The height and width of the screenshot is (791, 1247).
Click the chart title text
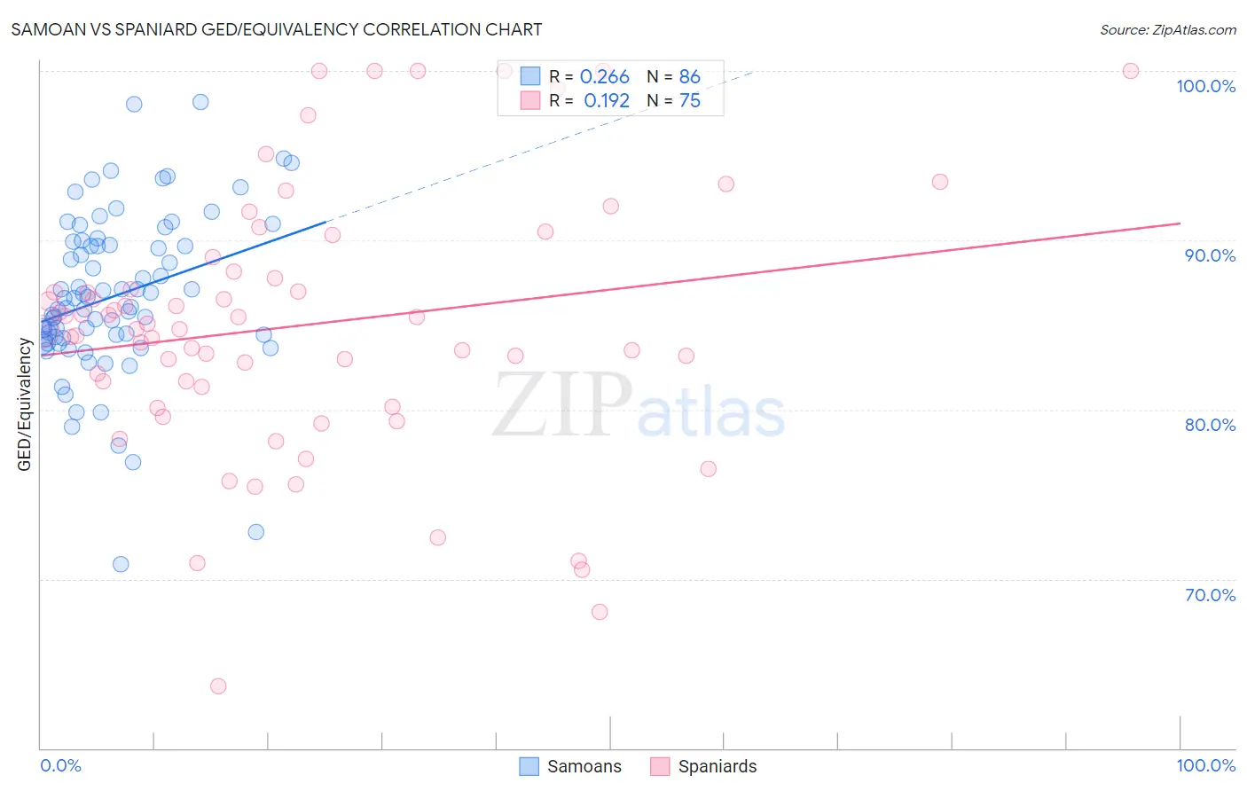[276, 29]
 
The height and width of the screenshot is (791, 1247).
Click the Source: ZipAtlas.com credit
[1167, 29]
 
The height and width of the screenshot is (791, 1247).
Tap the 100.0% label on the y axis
[1205, 86]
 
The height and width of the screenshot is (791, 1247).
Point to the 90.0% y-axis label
[1210, 255]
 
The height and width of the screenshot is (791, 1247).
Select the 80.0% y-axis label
[1210, 425]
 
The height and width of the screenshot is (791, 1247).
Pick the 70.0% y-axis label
[1210, 595]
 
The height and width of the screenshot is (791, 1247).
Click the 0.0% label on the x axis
[60, 765]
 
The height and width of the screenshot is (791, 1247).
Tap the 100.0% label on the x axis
[1205, 765]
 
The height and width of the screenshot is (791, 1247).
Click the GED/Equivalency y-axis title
[25, 404]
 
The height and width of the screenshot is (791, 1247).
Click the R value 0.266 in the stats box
[604, 77]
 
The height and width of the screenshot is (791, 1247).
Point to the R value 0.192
[606, 101]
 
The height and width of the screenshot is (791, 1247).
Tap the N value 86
[689, 77]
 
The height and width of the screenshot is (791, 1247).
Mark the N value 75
[689, 101]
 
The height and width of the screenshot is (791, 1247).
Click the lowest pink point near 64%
[218, 686]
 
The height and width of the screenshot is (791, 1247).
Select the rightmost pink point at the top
[1131, 71]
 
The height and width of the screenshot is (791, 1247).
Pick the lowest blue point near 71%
[121, 565]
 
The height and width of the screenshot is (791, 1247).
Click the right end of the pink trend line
[1180, 223]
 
